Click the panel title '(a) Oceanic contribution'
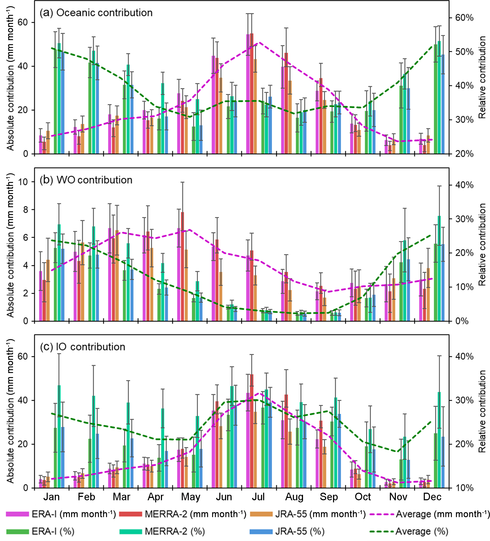(x=96, y=13)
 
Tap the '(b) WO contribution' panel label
(x=86, y=180)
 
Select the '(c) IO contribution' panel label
(x=83, y=347)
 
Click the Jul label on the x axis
(x=258, y=497)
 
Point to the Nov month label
(x=398, y=497)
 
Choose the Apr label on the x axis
(x=155, y=497)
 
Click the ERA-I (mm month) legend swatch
(x=17, y=514)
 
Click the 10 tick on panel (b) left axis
(x=23, y=182)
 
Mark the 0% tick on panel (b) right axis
(x=462, y=321)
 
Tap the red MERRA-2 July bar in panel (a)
(x=251, y=94)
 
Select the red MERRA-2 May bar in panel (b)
(x=182, y=266)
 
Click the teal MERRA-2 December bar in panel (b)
(x=439, y=268)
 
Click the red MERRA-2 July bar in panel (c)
(x=251, y=431)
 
